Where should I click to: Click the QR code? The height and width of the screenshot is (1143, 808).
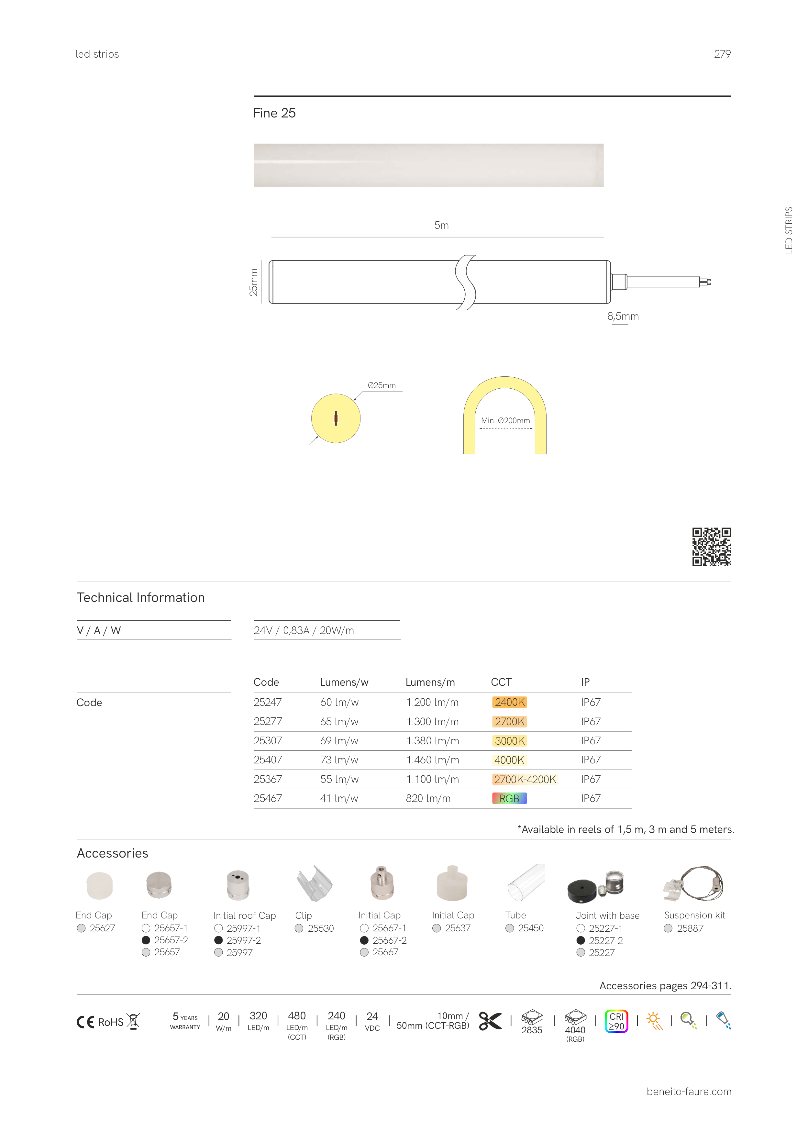pos(712,547)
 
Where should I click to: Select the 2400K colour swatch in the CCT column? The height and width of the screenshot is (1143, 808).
pos(509,702)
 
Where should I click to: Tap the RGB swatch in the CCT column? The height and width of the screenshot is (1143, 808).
pos(509,798)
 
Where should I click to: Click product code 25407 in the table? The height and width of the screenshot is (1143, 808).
pos(268,760)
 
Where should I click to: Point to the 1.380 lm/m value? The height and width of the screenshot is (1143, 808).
pos(432,741)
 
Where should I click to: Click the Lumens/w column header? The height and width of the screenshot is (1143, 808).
pos(344,682)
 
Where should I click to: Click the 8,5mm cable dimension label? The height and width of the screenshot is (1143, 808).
pos(623,316)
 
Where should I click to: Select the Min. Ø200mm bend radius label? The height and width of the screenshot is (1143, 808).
pos(505,421)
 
